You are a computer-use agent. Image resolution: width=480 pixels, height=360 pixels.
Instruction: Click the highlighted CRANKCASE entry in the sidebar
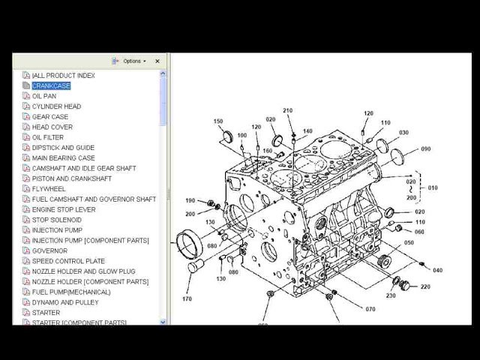click(51, 85)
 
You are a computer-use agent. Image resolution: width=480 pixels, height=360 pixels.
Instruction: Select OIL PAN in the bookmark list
click(43, 96)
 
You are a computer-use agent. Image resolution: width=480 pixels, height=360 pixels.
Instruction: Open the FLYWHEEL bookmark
click(48, 189)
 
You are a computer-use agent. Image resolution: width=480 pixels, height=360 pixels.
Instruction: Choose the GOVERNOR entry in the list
click(49, 250)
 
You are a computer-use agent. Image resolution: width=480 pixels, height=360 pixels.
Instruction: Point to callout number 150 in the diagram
click(218, 121)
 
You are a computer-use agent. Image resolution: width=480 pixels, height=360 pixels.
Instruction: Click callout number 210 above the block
click(288, 111)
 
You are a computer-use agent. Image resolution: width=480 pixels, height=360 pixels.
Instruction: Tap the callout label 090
click(426, 148)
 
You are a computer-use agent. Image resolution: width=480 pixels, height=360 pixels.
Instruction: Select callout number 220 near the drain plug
click(425, 287)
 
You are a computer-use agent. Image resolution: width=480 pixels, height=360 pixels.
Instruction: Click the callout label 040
click(437, 270)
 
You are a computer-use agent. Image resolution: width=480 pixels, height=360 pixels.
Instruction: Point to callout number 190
click(190, 200)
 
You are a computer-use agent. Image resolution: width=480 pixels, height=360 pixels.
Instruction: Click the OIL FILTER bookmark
click(47, 137)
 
